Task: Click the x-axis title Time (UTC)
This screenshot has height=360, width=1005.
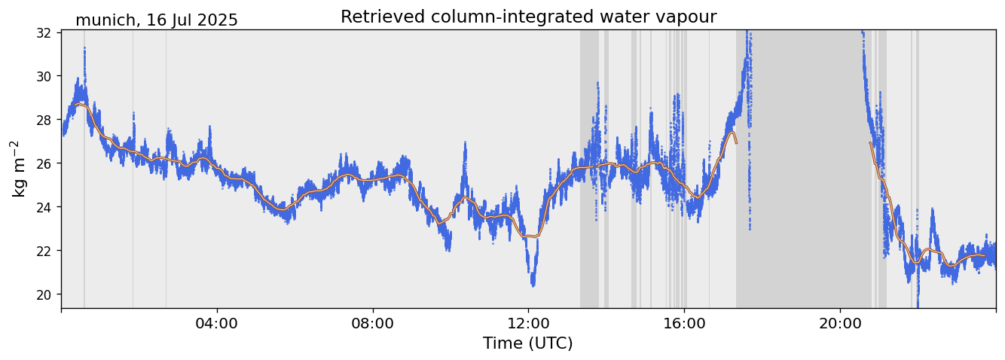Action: coord(527,343)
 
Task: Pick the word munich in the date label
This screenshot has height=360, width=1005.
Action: coord(103,20)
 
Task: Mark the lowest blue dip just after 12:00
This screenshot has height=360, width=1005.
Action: coord(533,284)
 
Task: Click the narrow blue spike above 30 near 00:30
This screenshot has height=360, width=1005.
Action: coord(84,50)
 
